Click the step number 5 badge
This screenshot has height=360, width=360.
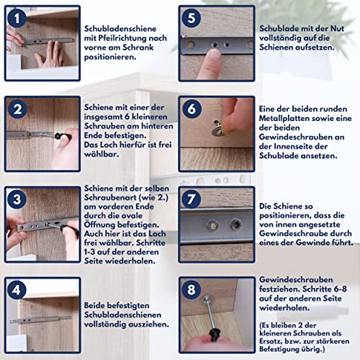pos(190,17)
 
